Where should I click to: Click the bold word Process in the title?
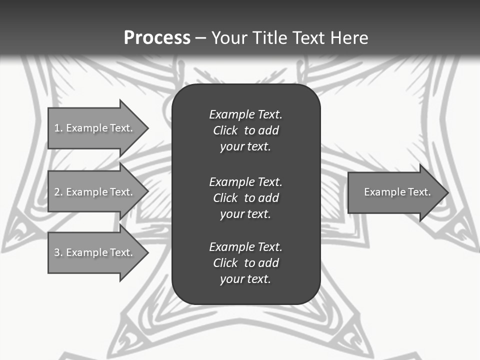point(157,38)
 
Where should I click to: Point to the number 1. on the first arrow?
point(58,128)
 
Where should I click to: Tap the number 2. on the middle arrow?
point(58,192)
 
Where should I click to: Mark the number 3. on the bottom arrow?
point(58,252)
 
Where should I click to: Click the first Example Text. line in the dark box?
point(245,114)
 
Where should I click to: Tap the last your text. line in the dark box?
point(245,279)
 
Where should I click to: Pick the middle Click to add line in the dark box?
point(245,198)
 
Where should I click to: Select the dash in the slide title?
point(200,38)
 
